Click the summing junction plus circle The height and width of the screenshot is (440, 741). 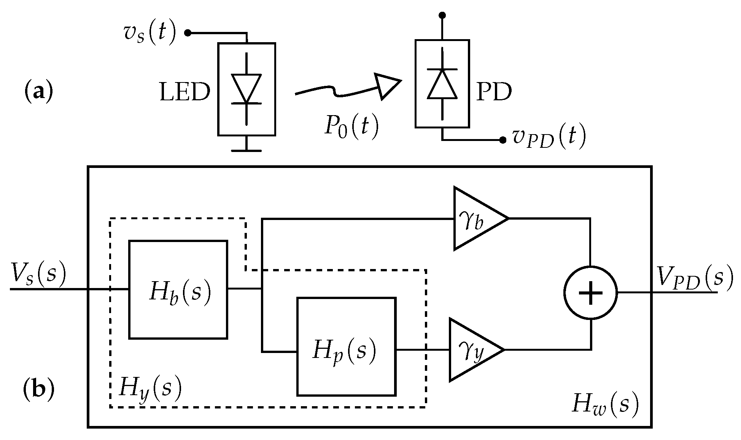(590, 293)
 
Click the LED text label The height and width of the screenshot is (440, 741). (185, 92)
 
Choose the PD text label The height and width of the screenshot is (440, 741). (494, 92)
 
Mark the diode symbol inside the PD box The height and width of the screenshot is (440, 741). (442, 84)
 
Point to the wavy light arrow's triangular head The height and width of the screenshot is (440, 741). (386, 85)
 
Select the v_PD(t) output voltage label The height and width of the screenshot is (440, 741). (549, 138)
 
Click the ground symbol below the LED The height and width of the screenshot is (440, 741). (246, 150)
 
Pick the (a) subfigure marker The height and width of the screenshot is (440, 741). (38, 92)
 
